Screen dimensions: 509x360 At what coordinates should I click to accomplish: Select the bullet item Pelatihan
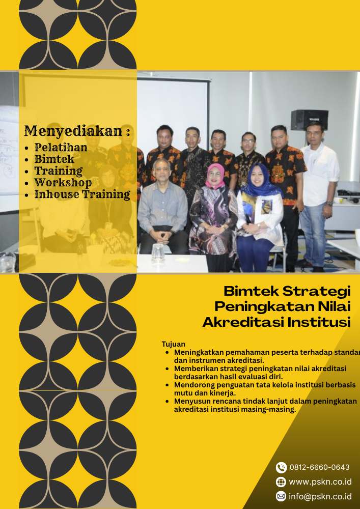(61, 148)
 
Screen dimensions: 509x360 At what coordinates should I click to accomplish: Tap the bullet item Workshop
(63, 182)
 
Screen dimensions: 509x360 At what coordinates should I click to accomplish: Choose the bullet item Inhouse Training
(82, 194)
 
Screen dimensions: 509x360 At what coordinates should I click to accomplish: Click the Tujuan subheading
(173, 344)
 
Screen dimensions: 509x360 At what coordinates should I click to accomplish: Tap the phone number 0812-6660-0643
(319, 467)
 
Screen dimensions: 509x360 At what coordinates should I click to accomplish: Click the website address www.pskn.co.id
(320, 482)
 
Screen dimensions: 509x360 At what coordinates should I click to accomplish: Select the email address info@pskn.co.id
(320, 496)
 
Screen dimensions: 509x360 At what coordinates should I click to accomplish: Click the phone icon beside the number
(281, 467)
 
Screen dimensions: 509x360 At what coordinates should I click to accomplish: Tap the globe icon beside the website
(281, 482)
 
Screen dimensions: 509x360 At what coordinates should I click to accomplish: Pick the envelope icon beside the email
(281, 496)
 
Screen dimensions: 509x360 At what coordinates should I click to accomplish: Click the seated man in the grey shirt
(162, 204)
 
